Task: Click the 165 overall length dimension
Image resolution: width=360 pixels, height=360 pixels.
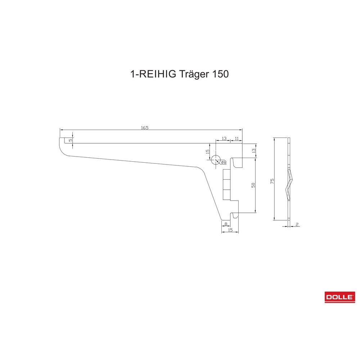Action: [145, 128]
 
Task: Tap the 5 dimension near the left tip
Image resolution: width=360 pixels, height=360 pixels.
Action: [71, 140]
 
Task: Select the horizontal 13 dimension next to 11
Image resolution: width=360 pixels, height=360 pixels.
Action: [224, 139]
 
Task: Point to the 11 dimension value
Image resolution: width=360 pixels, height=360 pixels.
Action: [237, 139]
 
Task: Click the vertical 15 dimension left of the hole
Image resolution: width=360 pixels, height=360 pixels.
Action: [208, 152]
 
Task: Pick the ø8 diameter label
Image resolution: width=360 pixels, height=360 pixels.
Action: [224, 162]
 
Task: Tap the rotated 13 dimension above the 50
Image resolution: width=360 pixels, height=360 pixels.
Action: [253, 150]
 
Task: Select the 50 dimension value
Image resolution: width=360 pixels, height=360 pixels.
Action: [253, 185]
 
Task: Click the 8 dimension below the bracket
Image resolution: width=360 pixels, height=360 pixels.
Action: [226, 224]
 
